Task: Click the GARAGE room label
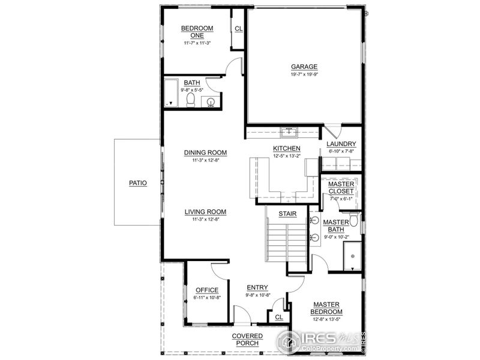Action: [x=304, y=67]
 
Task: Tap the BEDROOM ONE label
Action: [x=197, y=32]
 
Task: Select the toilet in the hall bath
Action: [x=191, y=99]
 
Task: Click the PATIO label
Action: [x=138, y=182]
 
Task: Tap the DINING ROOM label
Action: [x=205, y=152]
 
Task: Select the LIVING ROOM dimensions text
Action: [x=205, y=220]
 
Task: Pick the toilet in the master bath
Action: [x=353, y=221]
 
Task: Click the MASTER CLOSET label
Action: [x=341, y=187]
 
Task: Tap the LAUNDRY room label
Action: [x=341, y=144]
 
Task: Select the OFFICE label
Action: [x=207, y=290]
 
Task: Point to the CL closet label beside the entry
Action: [x=278, y=317]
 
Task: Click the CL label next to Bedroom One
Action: [x=238, y=28]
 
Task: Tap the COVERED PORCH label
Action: [x=247, y=339]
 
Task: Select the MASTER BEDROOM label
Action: [x=326, y=308]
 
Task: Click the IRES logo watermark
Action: [x=320, y=341]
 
